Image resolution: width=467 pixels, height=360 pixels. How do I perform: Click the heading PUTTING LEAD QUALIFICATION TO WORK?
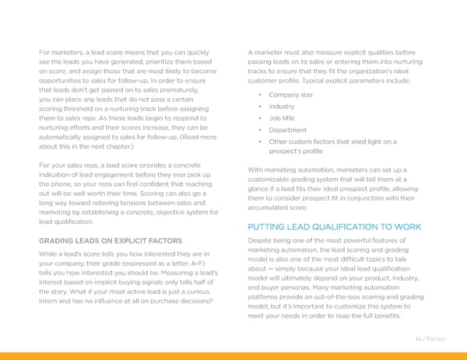tap(334, 226)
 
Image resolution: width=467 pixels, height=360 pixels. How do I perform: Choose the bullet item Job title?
tap(282, 118)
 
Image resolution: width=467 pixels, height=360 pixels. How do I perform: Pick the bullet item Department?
tap(286, 130)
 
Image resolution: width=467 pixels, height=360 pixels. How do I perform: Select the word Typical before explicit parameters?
tap(311, 80)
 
